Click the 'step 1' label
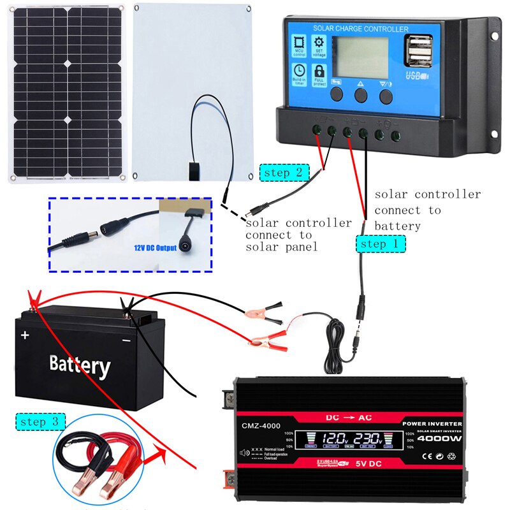coord(381,243)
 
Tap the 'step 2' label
coord(284,172)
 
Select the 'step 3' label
coord(41,421)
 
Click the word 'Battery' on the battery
coord(80,365)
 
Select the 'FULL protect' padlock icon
coord(319,73)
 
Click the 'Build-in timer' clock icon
coord(299,73)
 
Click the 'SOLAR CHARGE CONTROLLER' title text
coord(360,29)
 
